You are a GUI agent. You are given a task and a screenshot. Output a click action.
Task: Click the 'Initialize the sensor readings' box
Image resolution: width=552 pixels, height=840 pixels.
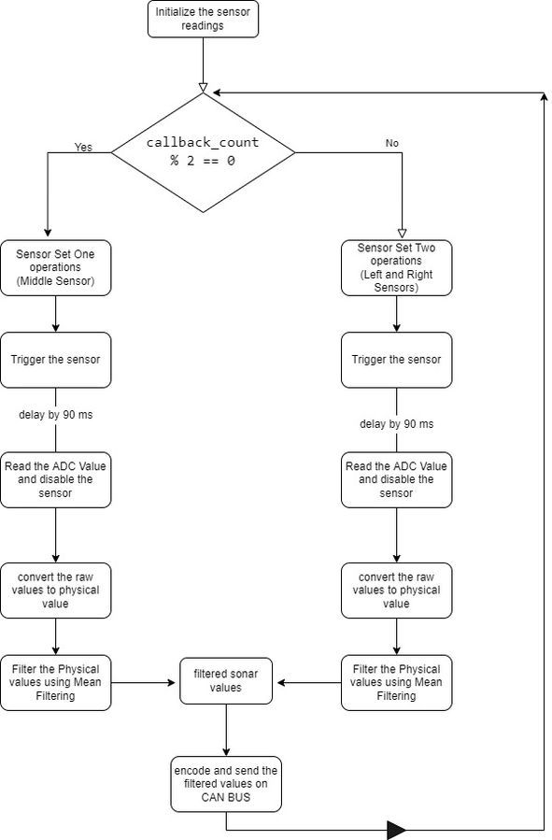pos(203,19)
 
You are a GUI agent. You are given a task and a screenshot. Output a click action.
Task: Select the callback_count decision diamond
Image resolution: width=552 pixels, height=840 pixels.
pos(203,152)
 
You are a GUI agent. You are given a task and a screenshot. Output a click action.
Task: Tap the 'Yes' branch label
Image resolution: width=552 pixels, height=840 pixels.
pos(83,147)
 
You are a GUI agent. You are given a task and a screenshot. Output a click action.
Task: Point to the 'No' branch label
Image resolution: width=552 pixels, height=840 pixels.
pos(392,143)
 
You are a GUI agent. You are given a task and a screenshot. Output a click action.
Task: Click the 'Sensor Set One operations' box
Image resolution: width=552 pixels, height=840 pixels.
pos(56,268)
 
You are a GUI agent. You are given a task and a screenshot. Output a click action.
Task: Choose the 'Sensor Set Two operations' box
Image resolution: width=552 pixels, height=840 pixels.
pos(397,268)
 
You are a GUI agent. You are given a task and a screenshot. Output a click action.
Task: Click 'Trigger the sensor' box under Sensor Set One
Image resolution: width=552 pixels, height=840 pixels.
pos(56,360)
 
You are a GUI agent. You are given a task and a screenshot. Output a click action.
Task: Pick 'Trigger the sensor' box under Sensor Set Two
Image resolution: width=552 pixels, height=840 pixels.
pos(397,360)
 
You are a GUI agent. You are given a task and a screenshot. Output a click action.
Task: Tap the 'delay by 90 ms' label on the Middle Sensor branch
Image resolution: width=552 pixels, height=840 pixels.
pos(56,415)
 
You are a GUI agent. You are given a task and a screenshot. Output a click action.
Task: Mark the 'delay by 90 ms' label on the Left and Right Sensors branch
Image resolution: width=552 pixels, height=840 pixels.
pos(397,424)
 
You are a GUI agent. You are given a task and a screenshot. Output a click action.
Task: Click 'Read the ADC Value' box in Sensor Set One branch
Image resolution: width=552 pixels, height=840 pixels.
pos(56,480)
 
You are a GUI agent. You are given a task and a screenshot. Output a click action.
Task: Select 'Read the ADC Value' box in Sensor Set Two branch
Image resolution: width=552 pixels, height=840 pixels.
pos(397,480)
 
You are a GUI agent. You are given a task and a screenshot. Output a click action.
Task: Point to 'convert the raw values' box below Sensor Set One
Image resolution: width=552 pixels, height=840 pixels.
pos(56,591)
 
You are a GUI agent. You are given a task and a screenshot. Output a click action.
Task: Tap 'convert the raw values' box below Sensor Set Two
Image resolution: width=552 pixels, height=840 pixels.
pos(397,591)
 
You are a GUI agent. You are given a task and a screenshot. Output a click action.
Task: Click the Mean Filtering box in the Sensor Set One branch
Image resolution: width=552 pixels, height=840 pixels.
pos(56,682)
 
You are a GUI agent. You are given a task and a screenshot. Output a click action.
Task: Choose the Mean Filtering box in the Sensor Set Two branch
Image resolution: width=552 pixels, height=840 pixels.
pos(397,682)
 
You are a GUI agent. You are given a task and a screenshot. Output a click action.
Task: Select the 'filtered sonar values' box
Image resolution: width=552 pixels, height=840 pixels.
pos(226,681)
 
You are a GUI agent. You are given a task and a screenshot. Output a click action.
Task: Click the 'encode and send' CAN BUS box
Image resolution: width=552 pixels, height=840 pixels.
pos(226,784)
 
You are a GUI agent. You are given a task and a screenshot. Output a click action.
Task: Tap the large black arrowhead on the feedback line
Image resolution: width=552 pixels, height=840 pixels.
pos(397,831)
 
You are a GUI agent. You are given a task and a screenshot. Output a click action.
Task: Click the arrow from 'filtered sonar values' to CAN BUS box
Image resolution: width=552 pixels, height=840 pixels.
pos(226,730)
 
